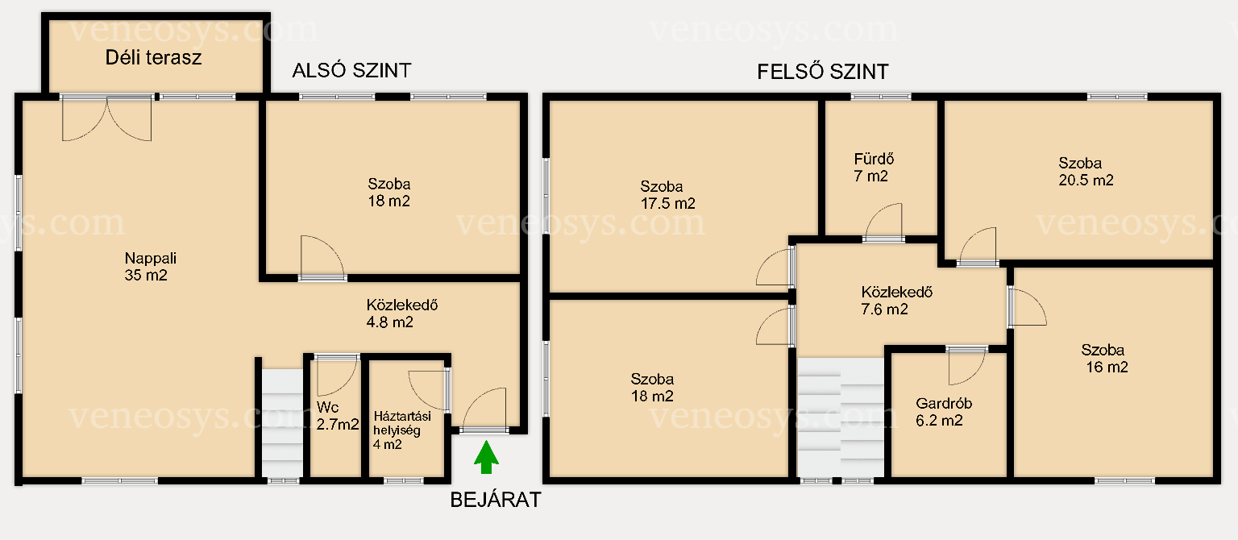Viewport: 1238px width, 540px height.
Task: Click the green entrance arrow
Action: [x=486, y=457]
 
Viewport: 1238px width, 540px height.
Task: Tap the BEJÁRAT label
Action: [x=496, y=500]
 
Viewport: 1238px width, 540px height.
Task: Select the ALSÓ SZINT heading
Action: [x=352, y=71]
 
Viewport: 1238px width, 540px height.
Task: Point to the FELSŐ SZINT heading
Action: [x=823, y=72]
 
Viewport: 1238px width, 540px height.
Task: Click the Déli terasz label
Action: [x=154, y=57]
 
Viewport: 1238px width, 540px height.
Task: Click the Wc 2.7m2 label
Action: [x=338, y=416]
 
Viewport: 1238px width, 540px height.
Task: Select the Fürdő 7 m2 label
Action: [x=874, y=168]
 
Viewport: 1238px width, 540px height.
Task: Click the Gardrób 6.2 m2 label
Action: [x=944, y=412]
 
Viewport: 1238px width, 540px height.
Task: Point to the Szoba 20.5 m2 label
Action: [x=1086, y=172]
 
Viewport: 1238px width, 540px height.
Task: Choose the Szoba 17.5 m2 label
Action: [x=667, y=194]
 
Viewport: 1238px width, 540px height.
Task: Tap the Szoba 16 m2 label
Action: [x=1105, y=358]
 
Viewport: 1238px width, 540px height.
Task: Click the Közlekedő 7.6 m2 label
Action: [x=896, y=300]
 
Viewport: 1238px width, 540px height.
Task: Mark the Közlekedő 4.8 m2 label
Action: [x=402, y=314]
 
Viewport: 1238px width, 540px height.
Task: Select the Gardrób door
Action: [x=966, y=365]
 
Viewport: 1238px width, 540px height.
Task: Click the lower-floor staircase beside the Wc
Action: [x=282, y=423]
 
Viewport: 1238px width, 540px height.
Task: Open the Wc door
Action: [x=336, y=376]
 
